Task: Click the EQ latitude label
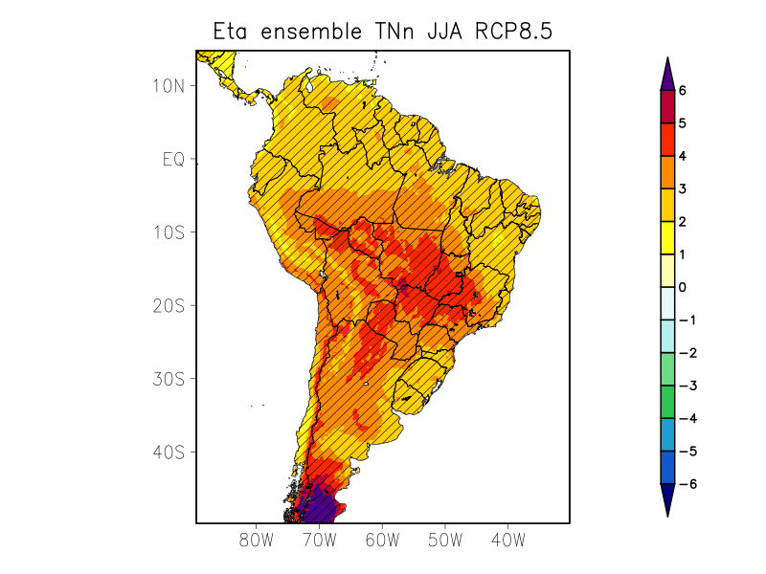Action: click(x=173, y=159)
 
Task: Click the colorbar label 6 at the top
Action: click(x=682, y=91)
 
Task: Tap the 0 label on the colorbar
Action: click(x=682, y=287)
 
